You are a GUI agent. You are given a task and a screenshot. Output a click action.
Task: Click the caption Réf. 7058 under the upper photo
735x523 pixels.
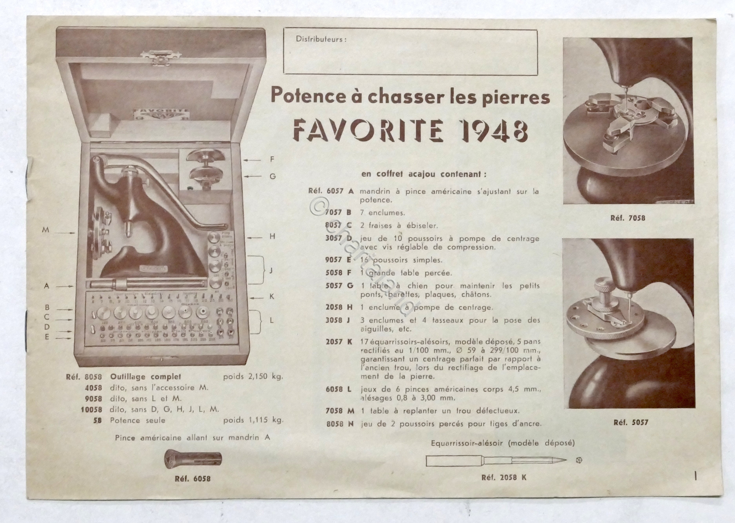coord(628,218)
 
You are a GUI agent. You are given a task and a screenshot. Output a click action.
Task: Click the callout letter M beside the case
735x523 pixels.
coord(46,230)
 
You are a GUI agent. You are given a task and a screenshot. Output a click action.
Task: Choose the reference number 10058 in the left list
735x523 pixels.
coord(91,410)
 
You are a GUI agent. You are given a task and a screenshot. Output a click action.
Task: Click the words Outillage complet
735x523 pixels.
coord(146,376)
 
